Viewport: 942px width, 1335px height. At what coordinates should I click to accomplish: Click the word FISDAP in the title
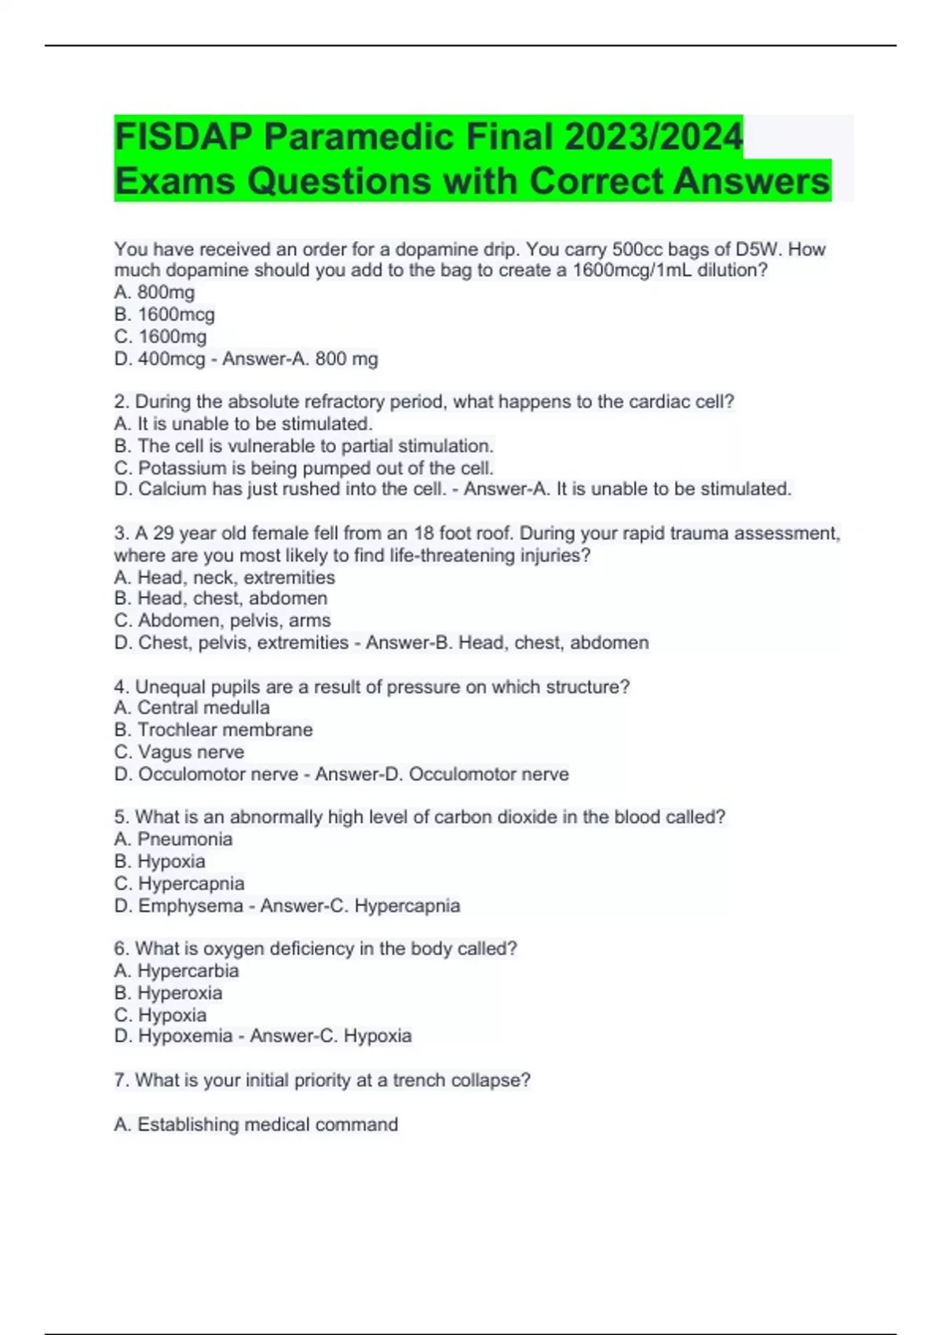tap(185, 137)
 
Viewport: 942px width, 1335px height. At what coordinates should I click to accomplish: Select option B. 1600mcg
tap(164, 314)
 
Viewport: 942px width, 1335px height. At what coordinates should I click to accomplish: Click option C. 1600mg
tap(160, 336)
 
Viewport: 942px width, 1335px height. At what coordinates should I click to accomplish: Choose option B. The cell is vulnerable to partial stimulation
tap(304, 445)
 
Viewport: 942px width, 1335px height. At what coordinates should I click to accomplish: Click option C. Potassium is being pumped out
tap(304, 467)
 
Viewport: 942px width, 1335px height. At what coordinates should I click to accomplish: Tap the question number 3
tap(121, 533)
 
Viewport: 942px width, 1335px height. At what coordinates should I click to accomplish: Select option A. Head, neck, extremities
tap(225, 577)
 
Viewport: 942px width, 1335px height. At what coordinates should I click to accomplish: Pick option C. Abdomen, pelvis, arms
tap(222, 620)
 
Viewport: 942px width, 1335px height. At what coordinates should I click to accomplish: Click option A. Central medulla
tap(192, 707)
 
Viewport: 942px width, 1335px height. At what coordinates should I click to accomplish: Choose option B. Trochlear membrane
tap(214, 730)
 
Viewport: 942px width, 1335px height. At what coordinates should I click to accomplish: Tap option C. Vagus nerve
tap(179, 752)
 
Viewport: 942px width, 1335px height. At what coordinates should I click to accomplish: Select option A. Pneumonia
tap(173, 839)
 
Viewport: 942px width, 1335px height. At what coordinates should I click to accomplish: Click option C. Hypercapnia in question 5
tap(179, 883)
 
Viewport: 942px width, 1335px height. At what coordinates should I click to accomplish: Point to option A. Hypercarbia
tap(177, 970)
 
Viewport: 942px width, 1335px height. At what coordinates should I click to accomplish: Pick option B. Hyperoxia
tap(168, 993)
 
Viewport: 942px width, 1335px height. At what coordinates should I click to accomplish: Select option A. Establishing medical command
tap(256, 1124)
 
